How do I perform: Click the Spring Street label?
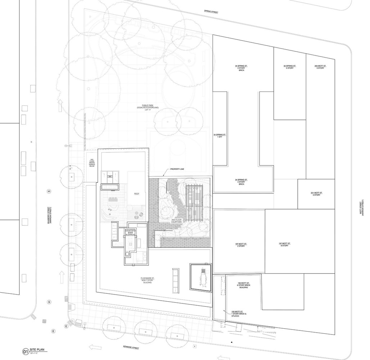point(212,12)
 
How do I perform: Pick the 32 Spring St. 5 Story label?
point(289,67)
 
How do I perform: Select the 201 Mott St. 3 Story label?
point(316,194)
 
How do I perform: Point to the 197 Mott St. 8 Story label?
point(284,244)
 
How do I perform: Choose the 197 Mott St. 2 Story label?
point(240,245)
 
